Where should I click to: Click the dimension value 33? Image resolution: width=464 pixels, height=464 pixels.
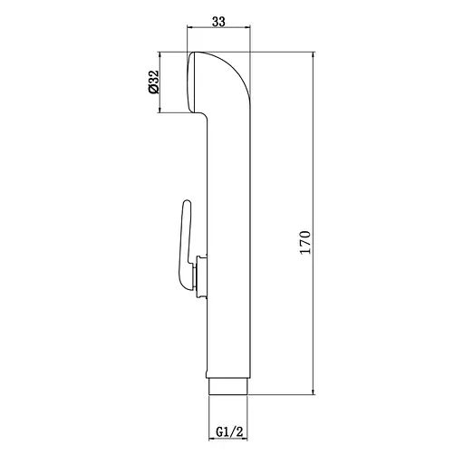tap(218, 22)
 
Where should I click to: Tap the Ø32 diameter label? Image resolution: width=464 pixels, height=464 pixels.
tap(154, 82)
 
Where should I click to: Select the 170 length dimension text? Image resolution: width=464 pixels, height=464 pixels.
tap(305, 242)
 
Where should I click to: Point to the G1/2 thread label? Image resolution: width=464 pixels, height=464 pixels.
tap(229, 431)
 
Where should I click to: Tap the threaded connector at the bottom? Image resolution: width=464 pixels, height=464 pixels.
tap(228, 386)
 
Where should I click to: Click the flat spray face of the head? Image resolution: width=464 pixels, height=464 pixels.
tap(191, 82)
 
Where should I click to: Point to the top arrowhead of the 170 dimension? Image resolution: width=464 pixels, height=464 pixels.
tap(314, 54)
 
